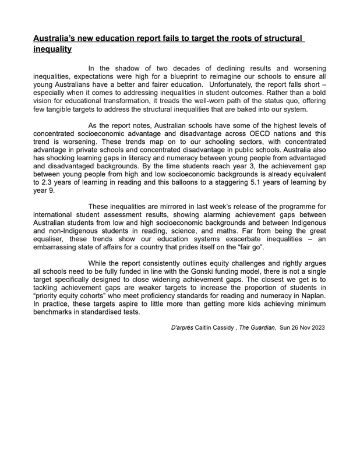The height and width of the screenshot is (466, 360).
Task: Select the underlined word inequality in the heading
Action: pos(52,50)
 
